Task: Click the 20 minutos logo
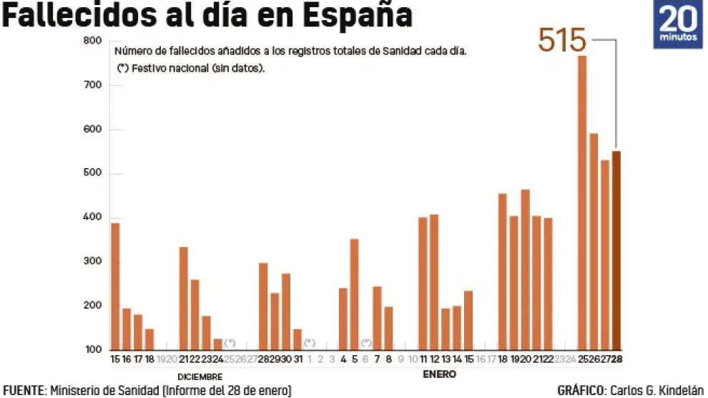tap(677, 24)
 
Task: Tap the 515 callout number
tap(562, 41)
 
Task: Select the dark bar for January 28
tap(616, 250)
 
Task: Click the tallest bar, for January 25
tap(581, 203)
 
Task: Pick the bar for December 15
tap(115, 286)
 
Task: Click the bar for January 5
tap(354, 294)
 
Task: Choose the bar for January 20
tap(525, 270)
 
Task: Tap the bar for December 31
tap(297, 339)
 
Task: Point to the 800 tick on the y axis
tap(93, 41)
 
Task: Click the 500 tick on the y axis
tap(93, 174)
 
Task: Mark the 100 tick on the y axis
tap(93, 350)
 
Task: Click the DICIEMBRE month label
tap(200, 377)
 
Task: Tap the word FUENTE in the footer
tap(24, 390)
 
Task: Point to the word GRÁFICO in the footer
tap(580, 390)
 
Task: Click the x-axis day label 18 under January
tap(502, 359)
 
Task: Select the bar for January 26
tap(593, 241)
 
